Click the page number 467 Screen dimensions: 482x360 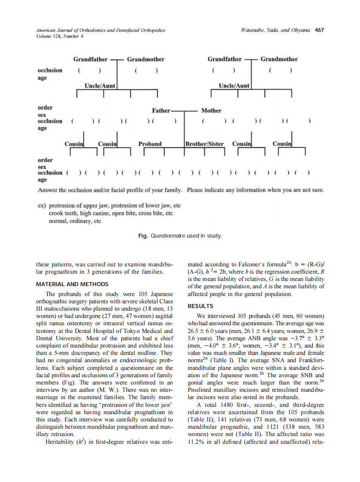[319, 30]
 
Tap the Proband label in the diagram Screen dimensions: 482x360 [150, 144]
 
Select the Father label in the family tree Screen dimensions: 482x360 [161, 111]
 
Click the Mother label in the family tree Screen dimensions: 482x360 [211, 111]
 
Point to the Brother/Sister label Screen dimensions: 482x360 [204, 144]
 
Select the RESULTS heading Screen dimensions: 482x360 [201, 306]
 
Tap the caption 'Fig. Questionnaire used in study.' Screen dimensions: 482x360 [180, 236]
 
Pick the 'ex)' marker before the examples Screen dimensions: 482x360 [42, 206]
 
